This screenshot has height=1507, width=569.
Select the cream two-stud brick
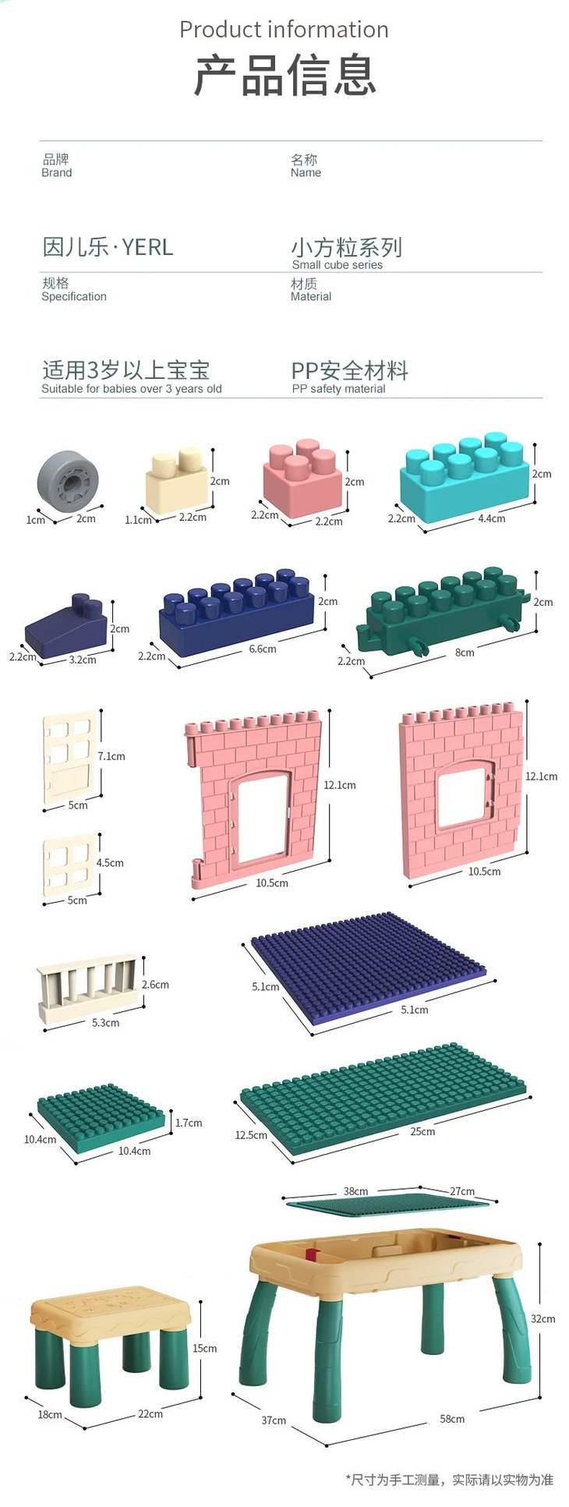(x=176, y=479)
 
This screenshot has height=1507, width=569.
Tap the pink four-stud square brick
(x=302, y=477)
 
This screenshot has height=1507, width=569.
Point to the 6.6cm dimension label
(x=263, y=649)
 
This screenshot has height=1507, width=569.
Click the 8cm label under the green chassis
(x=465, y=653)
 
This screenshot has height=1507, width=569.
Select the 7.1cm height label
(x=111, y=756)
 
